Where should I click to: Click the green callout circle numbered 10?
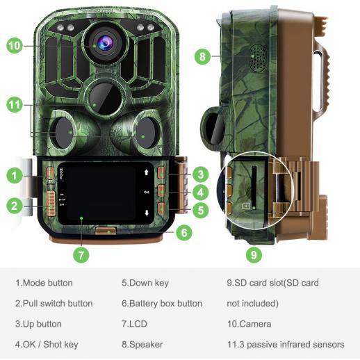click(x=15, y=45)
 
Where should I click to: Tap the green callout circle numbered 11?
click(x=15, y=104)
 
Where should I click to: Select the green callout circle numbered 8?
click(x=202, y=56)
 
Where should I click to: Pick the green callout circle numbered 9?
click(x=254, y=254)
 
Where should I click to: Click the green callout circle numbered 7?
click(x=81, y=255)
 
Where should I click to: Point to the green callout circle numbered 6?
click(x=184, y=232)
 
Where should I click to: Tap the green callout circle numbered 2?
click(x=15, y=206)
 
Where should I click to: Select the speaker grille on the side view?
click(x=258, y=58)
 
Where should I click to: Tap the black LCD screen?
click(x=101, y=193)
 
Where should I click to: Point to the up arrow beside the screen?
click(x=146, y=172)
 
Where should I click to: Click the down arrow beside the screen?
click(x=147, y=213)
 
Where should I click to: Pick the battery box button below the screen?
click(x=106, y=231)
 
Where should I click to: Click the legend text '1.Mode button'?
click(x=44, y=283)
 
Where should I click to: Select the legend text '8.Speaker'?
click(x=142, y=345)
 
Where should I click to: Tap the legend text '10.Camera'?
click(x=249, y=324)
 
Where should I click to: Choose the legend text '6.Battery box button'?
click(x=162, y=304)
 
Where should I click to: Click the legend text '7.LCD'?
click(x=134, y=324)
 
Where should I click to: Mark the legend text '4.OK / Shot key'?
click(x=47, y=345)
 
